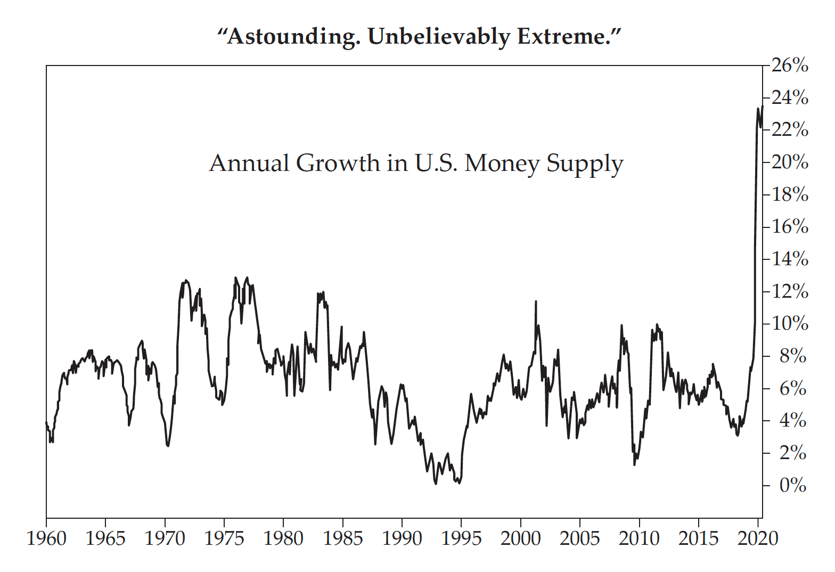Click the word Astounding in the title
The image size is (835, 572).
[288, 37]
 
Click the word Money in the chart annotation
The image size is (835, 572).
[502, 163]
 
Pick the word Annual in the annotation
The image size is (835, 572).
[249, 163]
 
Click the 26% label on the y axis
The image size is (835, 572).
[789, 66]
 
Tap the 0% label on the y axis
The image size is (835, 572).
[792, 485]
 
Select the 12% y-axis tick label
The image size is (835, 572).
[789, 291]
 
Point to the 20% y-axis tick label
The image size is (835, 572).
[789, 162]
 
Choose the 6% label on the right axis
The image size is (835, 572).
[792, 388]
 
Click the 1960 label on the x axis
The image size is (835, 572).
[46, 538]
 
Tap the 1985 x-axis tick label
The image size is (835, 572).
[342, 538]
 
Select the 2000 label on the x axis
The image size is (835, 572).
[520, 538]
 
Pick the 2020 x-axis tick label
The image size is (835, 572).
[757, 538]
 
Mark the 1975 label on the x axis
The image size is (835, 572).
[224, 538]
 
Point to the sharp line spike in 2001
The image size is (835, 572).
[536, 301]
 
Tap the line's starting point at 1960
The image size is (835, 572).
[46, 422]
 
